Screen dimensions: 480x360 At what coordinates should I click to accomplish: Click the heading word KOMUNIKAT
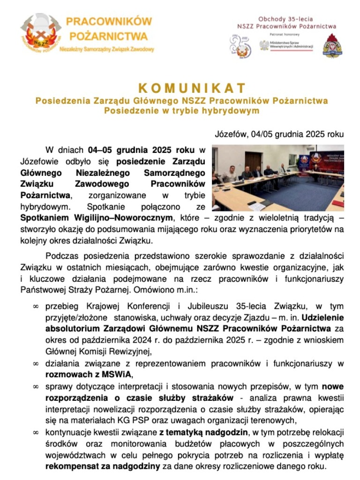click(x=192, y=88)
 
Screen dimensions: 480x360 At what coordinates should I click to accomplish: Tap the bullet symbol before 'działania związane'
click(x=35, y=363)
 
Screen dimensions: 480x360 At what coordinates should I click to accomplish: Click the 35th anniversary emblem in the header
click(x=240, y=47)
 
